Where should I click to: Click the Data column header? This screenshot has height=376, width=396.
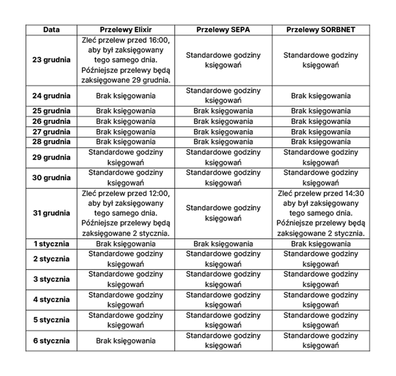[x=51, y=30]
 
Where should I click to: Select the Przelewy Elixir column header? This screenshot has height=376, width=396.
[x=126, y=30]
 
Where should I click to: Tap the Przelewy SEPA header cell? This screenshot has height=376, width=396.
[x=223, y=30]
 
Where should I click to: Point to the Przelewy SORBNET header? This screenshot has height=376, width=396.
[x=321, y=30]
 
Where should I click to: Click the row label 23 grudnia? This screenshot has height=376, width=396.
[x=51, y=60]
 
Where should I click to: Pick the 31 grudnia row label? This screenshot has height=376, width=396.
[x=51, y=213]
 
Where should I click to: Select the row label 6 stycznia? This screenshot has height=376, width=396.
[x=51, y=341]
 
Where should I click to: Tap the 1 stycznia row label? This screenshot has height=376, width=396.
[x=51, y=244]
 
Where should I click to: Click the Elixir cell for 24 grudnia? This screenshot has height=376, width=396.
[x=126, y=96]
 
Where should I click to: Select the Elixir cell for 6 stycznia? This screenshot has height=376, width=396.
[x=126, y=341]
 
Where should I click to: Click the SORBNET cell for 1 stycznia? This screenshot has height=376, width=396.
[x=321, y=244]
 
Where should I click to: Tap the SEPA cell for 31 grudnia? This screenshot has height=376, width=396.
[x=223, y=213]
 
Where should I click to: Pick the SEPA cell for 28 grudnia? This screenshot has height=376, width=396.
[x=223, y=142]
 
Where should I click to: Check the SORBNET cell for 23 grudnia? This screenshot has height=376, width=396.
[x=321, y=60]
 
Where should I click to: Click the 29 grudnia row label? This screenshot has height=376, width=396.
[x=51, y=157]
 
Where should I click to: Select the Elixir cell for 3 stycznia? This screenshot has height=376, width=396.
[x=126, y=279]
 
